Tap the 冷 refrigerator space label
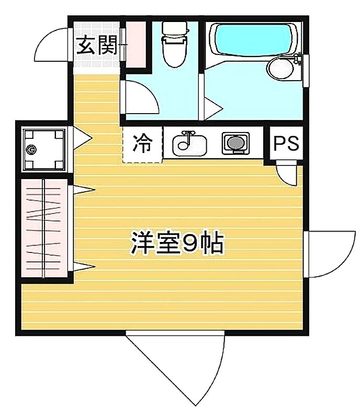click(x=143, y=144)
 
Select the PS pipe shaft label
click(x=286, y=143)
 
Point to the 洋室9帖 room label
click(x=176, y=243)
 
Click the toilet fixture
click(x=175, y=45)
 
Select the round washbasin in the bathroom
click(x=281, y=68)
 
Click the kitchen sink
click(x=189, y=143)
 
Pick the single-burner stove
click(x=236, y=143)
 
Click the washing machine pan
click(x=44, y=150)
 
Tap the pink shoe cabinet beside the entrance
click(x=136, y=45)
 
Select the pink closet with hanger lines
click(x=44, y=228)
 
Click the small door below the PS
click(x=287, y=174)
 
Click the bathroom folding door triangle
click(x=213, y=108)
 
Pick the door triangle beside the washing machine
click(x=83, y=138)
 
